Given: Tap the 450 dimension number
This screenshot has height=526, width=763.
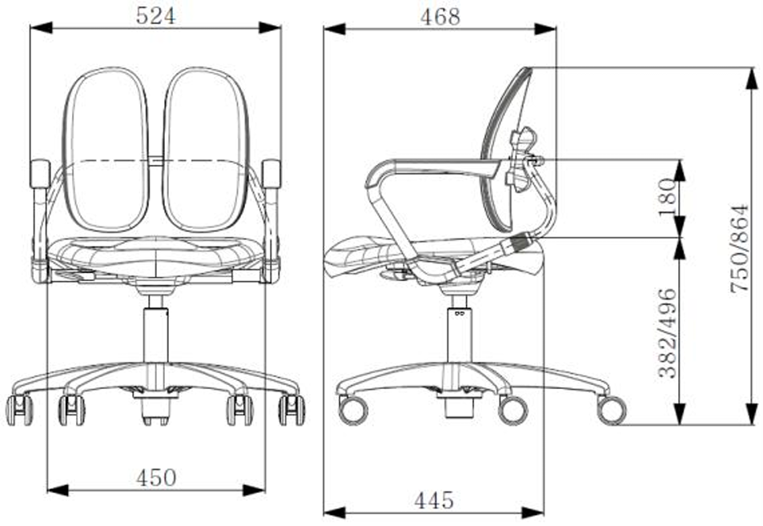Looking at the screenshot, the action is (x=155, y=477).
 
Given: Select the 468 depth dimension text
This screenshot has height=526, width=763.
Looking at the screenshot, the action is (x=440, y=17).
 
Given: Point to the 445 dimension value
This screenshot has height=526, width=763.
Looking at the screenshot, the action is (x=434, y=500).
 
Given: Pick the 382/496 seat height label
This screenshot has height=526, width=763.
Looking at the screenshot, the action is (x=667, y=333).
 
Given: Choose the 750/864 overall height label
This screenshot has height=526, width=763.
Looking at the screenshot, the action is (x=739, y=248).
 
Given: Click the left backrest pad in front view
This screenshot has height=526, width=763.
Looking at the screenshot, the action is (x=106, y=150).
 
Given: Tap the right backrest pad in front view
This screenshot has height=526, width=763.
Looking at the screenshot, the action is (x=206, y=150).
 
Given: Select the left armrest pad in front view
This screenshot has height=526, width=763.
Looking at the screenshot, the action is (x=40, y=174).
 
